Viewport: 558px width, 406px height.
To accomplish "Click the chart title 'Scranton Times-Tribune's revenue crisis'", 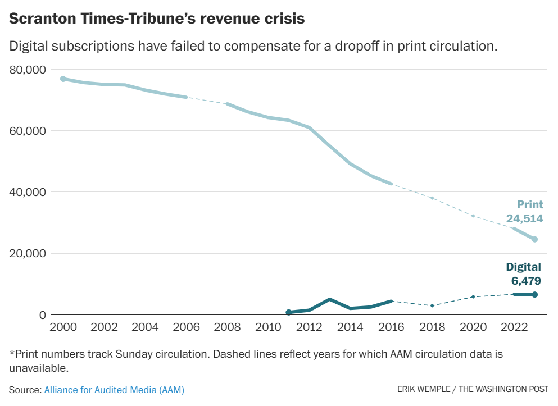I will tap(157, 19).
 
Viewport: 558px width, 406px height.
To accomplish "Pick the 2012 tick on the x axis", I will tap(309, 327).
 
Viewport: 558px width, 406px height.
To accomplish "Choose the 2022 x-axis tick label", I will tap(514, 327).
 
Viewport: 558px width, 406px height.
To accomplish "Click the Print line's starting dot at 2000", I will tap(63, 79).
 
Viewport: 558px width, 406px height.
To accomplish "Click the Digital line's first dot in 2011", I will tap(289, 312).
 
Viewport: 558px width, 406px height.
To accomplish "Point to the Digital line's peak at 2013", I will tap(329, 299).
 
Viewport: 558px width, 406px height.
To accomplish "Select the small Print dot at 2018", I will tap(432, 198).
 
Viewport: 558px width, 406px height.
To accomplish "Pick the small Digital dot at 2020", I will tap(473, 296).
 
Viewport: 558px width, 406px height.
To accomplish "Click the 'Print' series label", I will tap(530, 205).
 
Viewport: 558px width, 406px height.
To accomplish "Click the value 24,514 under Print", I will tap(522, 219).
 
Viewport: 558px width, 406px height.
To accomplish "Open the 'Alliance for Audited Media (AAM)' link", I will tap(114, 389).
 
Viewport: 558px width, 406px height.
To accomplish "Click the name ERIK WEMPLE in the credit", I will tap(422, 389).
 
